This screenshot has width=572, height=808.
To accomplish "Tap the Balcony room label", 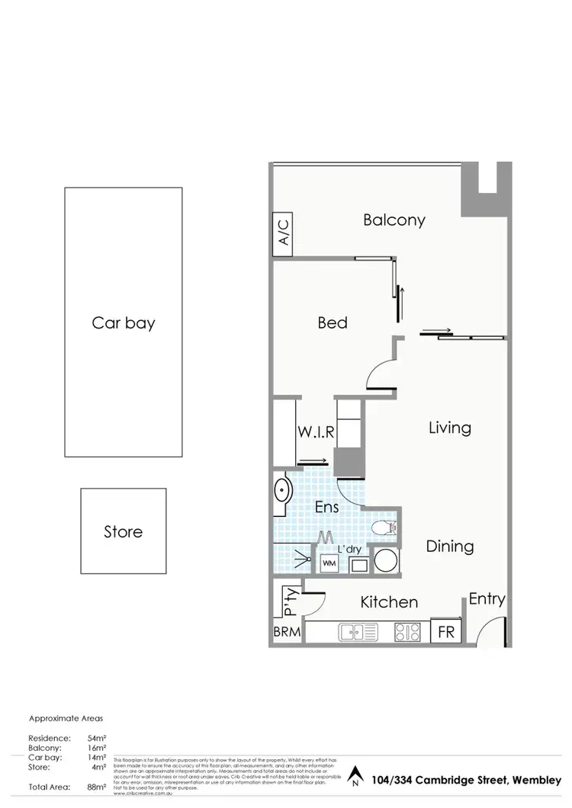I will (x=394, y=220).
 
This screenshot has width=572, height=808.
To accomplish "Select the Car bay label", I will (x=124, y=322).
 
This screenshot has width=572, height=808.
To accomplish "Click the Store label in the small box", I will (x=123, y=531).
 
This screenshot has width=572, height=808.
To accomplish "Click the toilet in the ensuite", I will (x=381, y=527).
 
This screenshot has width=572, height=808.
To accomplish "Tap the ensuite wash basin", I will (x=281, y=491).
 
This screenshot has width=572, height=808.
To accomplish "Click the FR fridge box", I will (x=445, y=632).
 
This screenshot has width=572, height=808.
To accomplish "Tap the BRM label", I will (x=287, y=632).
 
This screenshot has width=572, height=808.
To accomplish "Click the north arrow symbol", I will (x=354, y=778).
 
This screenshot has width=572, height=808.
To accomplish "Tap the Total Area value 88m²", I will (x=95, y=787).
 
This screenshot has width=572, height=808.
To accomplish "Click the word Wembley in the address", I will (x=537, y=779).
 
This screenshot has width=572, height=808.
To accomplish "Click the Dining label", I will (x=449, y=547).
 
